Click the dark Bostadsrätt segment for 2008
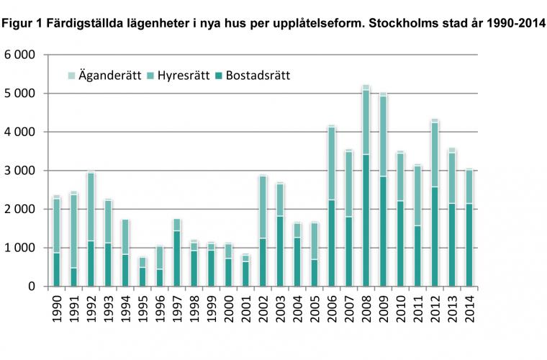pos(366,220)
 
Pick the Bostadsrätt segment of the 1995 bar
pos(142,276)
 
